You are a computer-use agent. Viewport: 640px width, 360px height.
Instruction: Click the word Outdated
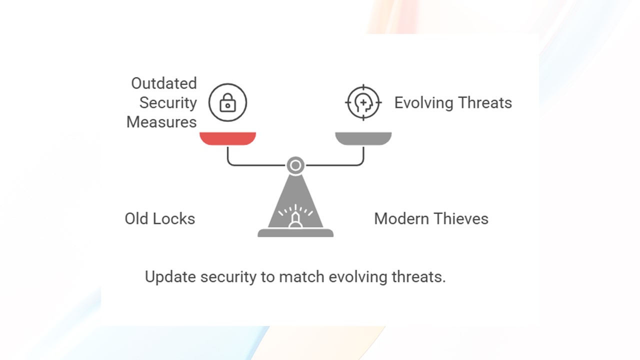pos(164,83)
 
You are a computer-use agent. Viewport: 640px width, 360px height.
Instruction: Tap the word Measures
pos(161,122)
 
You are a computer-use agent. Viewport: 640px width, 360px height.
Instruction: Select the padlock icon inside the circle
pos(227,102)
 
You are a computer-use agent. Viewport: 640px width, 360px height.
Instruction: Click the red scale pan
pos(227,138)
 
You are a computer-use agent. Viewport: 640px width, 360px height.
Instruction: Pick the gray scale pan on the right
pos(363,138)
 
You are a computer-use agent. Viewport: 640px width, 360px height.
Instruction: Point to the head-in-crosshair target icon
pos(363,102)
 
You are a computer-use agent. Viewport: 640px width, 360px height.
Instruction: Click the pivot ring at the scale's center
pos(295,165)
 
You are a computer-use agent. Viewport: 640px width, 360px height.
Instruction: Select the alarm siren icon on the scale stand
pos(295,216)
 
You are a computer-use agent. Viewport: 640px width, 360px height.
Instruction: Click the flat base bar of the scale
pos(295,233)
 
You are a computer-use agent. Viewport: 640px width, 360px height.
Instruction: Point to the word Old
pos(136,218)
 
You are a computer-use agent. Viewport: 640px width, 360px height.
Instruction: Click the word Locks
pos(173,218)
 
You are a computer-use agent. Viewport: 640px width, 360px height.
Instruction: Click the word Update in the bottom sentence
pos(170,277)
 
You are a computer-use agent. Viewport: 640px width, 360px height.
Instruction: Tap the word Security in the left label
pos(168,103)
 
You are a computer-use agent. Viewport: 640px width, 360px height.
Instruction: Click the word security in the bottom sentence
pos(228,277)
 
